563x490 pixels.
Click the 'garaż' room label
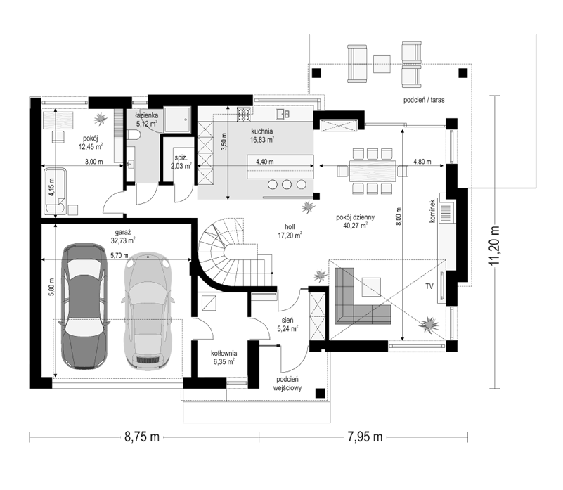tap(123, 232)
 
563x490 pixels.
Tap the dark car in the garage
tap(85, 306)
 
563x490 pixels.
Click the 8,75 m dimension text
tap(142, 437)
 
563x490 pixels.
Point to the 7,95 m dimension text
tap(365, 437)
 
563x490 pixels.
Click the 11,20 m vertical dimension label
tap(495, 246)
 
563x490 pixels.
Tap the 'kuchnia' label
tap(261, 131)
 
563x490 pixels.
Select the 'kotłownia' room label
tap(224, 353)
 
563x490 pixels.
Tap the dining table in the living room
tap(373, 171)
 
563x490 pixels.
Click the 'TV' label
tap(429, 286)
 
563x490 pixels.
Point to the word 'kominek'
tap(432, 211)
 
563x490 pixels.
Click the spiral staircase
tap(234, 252)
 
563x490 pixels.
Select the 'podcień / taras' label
tap(424, 100)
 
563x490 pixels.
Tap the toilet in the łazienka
tap(134, 136)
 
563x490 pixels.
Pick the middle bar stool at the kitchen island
tap(287, 185)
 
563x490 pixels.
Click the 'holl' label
tap(290, 227)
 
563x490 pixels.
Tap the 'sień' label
tap(287, 320)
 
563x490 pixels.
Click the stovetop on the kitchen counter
tap(243, 114)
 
